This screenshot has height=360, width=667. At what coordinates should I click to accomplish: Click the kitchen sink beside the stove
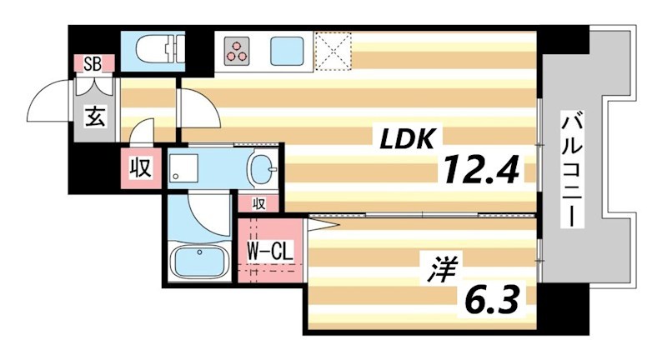pyautogui.click(x=287, y=51)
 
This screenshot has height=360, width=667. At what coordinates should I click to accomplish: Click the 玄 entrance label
pyautogui.click(x=94, y=117)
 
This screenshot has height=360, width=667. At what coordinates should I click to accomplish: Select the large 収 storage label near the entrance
pyautogui.click(x=139, y=169)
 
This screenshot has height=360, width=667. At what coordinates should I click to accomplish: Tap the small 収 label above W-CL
pyautogui.click(x=259, y=203)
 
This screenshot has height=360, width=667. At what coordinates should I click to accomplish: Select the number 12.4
pyautogui.click(x=481, y=172)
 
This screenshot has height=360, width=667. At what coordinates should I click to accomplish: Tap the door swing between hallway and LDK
pyautogui.click(x=197, y=107)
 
